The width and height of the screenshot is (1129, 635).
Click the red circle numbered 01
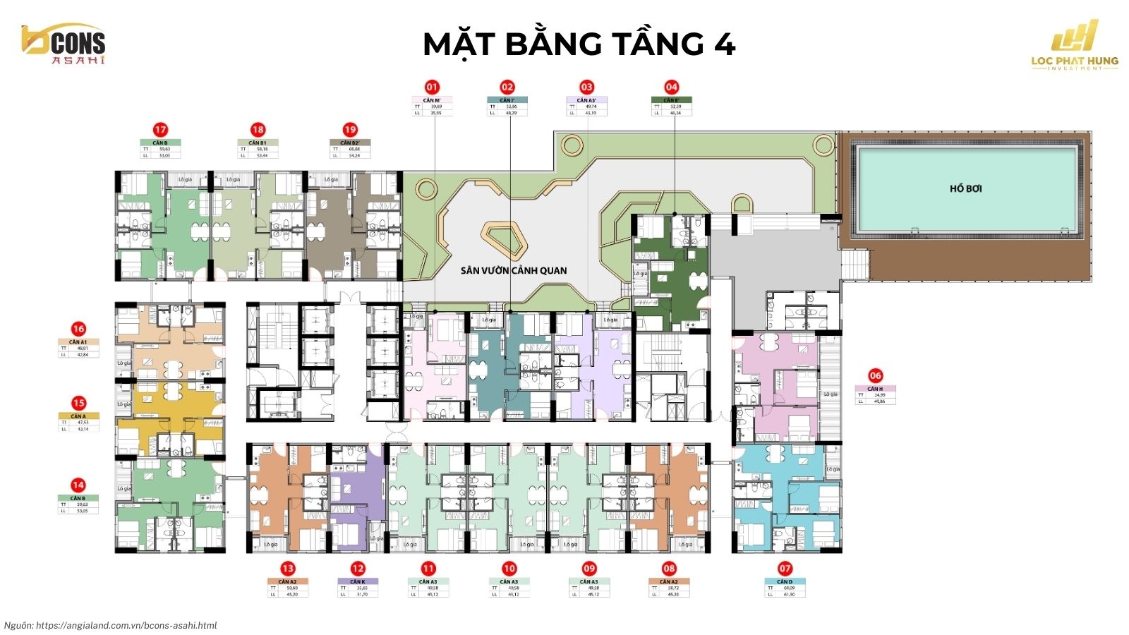tap(432, 87)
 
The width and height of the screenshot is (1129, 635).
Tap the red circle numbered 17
tap(161, 130)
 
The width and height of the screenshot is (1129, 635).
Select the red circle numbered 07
tap(785, 569)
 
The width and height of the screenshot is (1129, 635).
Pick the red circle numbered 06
tap(875, 376)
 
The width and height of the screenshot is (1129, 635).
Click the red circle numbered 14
tap(78, 485)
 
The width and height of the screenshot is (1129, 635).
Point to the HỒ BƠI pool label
tap(965, 188)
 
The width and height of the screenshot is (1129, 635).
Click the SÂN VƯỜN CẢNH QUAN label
tap(513, 270)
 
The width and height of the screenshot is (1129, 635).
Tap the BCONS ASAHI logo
tap(63, 46)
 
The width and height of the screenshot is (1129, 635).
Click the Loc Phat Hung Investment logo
tap(1075, 46)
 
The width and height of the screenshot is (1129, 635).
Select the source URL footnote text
tap(111, 625)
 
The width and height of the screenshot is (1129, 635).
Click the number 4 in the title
tap(725, 44)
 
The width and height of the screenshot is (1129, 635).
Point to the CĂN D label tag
tap(785, 581)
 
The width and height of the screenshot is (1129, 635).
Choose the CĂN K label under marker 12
tap(358, 581)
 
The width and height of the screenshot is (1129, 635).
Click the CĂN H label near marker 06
tap(875, 389)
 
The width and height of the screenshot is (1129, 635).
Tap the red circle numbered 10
tap(509, 569)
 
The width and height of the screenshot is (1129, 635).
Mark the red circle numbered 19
tap(350, 130)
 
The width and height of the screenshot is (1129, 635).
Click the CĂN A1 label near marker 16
tap(78, 341)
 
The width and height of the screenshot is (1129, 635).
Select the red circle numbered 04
tap(671, 87)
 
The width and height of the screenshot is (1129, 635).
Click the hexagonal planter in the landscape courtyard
tap(504, 238)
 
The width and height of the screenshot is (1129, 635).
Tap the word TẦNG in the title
tap(658, 44)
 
